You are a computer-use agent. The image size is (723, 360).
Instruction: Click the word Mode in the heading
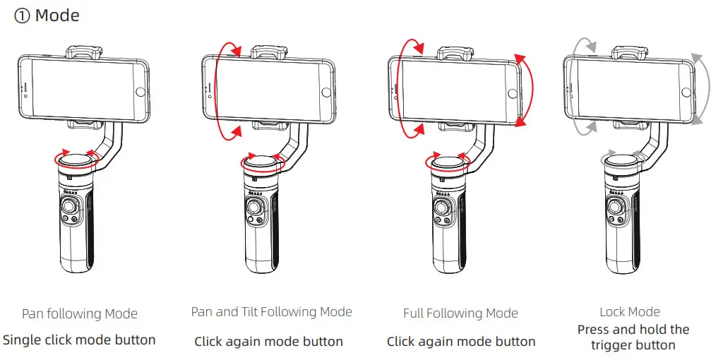[x=57, y=16]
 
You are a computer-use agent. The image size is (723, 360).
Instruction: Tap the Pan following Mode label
[x=80, y=314]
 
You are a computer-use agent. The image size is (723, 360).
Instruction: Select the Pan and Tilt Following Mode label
[x=271, y=311]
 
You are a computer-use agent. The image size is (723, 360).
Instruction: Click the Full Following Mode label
[x=460, y=313]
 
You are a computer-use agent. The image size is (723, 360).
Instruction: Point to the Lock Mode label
[x=630, y=311]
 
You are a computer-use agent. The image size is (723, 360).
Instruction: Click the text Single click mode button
[x=79, y=340]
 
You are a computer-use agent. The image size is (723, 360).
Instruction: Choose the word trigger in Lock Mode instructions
[x=615, y=345]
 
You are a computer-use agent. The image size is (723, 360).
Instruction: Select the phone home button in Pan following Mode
[x=139, y=92]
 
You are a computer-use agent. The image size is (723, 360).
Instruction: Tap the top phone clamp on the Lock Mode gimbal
[x=627, y=52]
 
